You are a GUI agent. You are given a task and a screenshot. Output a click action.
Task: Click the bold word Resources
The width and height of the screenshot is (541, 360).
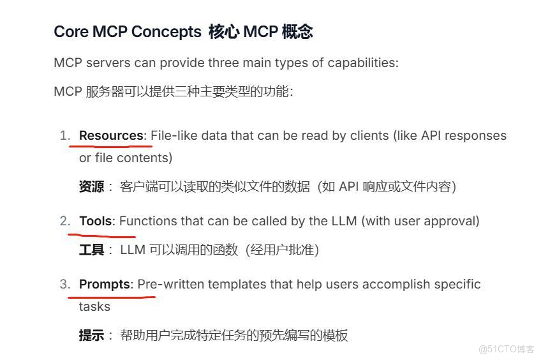[111, 136]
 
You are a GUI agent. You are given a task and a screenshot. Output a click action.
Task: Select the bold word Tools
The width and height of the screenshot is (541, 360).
[96, 221]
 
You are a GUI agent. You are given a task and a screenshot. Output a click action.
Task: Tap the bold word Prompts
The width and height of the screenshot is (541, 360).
[105, 285]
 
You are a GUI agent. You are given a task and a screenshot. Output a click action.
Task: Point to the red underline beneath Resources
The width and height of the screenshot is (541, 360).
[111, 146]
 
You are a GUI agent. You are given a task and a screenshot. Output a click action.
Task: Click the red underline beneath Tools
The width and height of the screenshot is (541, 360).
[101, 236]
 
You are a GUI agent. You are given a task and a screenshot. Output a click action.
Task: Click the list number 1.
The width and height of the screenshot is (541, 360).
[64, 136]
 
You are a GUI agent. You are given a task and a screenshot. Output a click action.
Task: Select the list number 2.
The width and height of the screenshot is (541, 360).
[64, 221]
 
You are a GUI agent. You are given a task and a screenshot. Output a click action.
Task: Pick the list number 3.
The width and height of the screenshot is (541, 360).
[64, 285]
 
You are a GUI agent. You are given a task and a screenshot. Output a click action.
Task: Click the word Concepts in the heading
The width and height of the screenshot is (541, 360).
[167, 32]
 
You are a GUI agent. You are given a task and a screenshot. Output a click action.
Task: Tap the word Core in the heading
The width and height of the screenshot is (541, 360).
[71, 32]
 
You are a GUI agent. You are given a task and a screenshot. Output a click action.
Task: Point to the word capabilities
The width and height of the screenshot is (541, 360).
[362, 63]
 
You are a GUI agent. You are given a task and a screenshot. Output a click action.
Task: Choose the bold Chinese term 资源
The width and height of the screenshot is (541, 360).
[91, 187]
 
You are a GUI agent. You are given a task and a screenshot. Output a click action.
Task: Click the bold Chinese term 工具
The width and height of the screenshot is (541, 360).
[91, 250]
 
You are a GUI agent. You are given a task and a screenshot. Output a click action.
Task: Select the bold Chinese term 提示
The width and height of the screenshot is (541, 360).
[91, 335]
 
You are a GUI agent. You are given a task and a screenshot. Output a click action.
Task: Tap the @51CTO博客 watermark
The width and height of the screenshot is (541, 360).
[507, 349]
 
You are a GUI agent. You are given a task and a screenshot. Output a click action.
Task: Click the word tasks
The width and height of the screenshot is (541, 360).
[94, 306]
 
